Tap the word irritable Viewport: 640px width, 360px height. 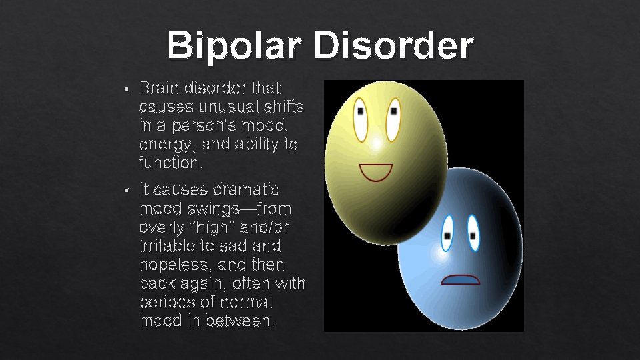click(x=166, y=247)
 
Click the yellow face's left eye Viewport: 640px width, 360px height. click(x=361, y=119)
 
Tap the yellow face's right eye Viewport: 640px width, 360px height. click(x=393, y=118)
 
